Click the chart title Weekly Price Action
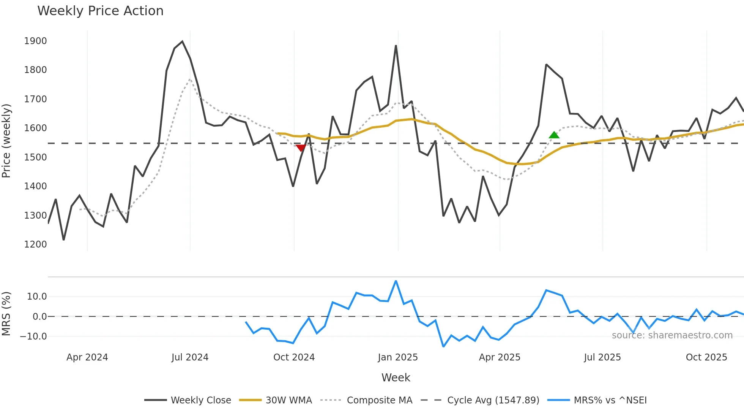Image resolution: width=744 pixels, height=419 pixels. click(x=100, y=11)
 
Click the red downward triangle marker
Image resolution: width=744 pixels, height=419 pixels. click(x=301, y=148)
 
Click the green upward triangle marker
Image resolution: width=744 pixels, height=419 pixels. click(x=554, y=135)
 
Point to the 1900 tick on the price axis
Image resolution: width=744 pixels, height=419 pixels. click(x=35, y=41)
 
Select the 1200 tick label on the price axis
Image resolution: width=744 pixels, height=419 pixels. click(x=35, y=244)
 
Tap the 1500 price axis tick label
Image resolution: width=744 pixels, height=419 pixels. click(x=35, y=157)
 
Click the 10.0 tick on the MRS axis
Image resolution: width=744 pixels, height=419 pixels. click(x=37, y=297)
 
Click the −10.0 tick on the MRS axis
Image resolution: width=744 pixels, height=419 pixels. click(x=33, y=336)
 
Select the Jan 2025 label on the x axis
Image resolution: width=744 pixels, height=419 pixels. click(x=397, y=357)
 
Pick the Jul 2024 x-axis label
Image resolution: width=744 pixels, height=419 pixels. click(x=190, y=357)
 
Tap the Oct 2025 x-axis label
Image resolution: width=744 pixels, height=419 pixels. click(x=706, y=357)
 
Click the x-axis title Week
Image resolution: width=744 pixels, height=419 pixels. click(x=396, y=378)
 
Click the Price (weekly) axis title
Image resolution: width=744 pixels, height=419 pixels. click(x=6, y=141)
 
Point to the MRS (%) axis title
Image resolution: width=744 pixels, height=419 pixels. click(x=6, y=314)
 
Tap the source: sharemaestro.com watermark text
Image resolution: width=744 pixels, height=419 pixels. click(x=672, y=335)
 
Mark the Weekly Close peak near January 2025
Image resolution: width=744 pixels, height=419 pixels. click(x=396, y=46)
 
